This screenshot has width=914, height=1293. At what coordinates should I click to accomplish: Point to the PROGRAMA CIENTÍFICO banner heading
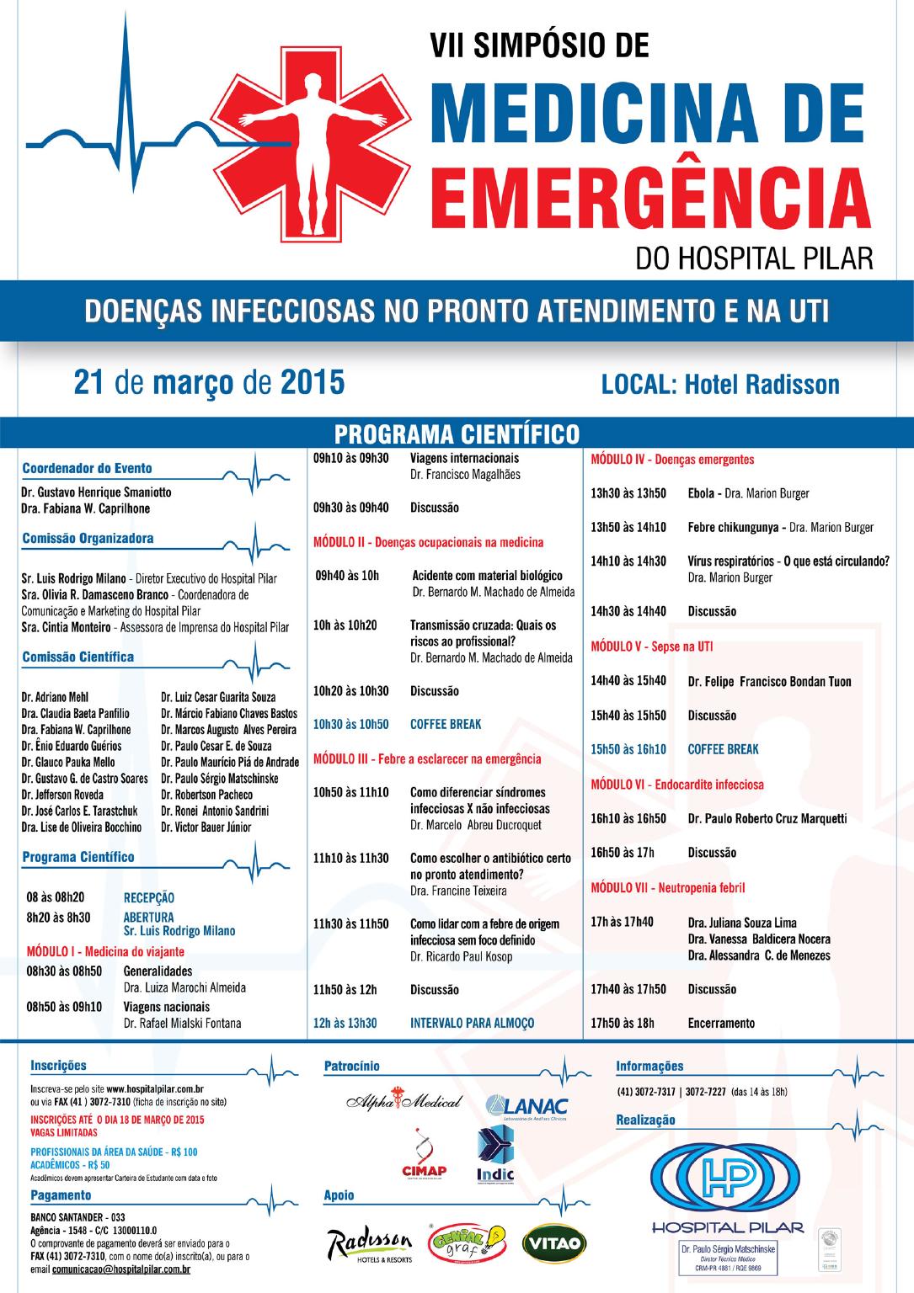[x=457, y=434]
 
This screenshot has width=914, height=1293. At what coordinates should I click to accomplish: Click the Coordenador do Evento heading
[x=88, y=468]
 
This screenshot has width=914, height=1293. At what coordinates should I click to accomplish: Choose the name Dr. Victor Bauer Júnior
[x=206, y=827]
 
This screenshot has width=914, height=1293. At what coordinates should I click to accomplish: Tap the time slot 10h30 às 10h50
[x=350, y=724]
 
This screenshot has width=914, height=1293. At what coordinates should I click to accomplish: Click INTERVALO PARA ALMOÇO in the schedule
[x=473, y=1023]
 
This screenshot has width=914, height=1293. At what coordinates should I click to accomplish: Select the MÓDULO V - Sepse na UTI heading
[x=652, y=646]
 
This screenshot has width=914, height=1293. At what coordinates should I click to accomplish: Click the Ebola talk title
[x=701, y=494]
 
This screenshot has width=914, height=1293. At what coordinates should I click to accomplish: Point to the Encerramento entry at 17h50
[x=721, y=1023]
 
